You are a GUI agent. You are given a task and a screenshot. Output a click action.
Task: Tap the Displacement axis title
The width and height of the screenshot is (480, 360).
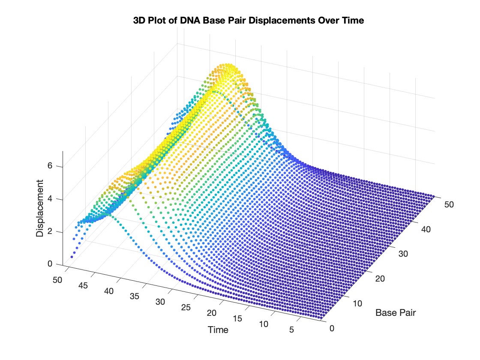(x=40, y=209)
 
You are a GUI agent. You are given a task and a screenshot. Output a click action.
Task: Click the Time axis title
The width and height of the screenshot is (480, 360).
(x=218, y=330)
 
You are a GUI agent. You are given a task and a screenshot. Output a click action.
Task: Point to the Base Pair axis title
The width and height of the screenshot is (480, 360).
(x=396, y=312)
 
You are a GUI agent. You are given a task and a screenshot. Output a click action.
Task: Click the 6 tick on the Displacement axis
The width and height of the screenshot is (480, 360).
(x=55, y=167)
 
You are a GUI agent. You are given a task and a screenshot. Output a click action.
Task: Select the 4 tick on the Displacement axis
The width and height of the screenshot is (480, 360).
(x=55, y=199)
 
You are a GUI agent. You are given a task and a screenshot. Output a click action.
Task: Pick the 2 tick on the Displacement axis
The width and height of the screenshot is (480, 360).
(x=55, y=232)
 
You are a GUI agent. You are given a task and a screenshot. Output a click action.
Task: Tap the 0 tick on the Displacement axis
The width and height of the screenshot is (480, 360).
(x=55, y=264)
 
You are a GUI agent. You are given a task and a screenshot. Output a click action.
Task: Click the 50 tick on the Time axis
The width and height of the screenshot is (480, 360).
(x=57, y=280)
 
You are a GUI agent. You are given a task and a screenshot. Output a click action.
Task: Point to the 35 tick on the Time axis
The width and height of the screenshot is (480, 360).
(x=135, y=297)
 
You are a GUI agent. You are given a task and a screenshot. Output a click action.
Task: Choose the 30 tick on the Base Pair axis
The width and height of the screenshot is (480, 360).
(x=404, y=254)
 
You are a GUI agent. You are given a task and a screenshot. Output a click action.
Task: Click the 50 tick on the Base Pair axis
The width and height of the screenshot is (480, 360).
(x=448, y=204)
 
